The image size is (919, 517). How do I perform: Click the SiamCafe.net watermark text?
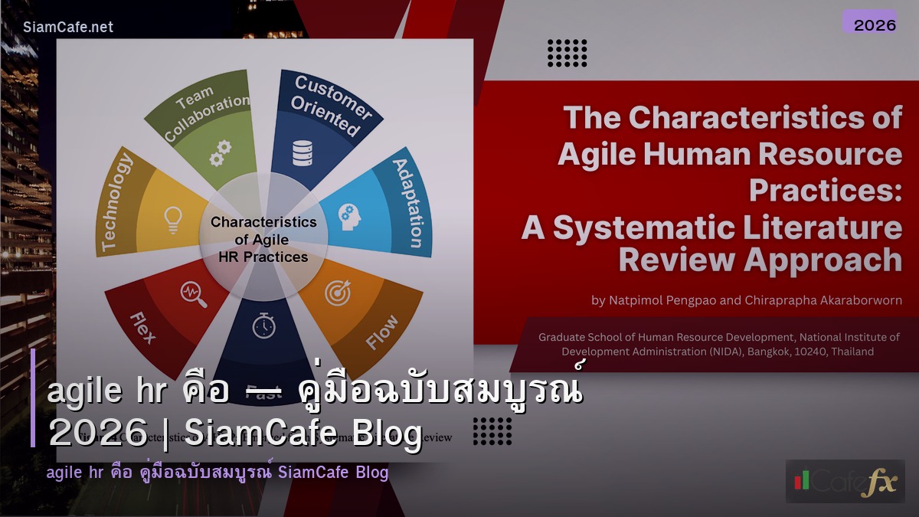point(68,27)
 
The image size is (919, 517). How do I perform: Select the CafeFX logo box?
point(845,481)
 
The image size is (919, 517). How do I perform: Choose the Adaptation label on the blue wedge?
point(408,202)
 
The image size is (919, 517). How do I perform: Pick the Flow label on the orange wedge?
point(381,332)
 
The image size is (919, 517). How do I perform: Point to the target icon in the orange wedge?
point(337,293)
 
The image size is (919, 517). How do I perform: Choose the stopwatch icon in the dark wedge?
point(263,326)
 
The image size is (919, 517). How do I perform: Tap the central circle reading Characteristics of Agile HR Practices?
point(263,239)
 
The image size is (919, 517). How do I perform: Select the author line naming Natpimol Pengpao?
point(747,300)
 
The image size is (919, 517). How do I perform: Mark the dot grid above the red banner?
point(567,53)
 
